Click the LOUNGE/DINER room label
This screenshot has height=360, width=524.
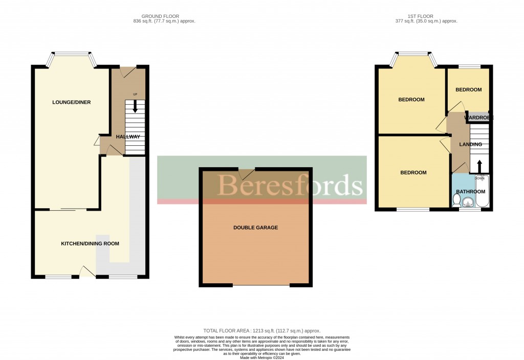[x=71, y=102]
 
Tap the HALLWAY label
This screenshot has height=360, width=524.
[x=128, y=137]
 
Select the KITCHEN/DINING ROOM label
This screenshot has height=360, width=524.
[x=90, y=244]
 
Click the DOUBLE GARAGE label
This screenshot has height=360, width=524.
[x=255, y=228]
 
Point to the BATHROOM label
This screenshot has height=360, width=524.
[x=470, y=192]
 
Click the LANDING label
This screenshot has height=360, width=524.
[x=470, y=145]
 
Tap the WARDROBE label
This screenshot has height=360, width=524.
[x=478, y=118]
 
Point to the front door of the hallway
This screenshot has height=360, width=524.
[x=128, y=72]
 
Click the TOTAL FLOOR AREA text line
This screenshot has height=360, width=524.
[x=261, y=331]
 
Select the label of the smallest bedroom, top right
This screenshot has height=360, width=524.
[x=469, y=90]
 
